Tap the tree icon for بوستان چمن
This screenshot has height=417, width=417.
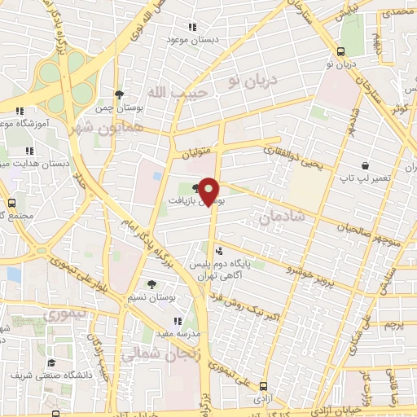click(x=119, y=94)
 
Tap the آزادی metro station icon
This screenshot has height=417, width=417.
click(x=262, y=386)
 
